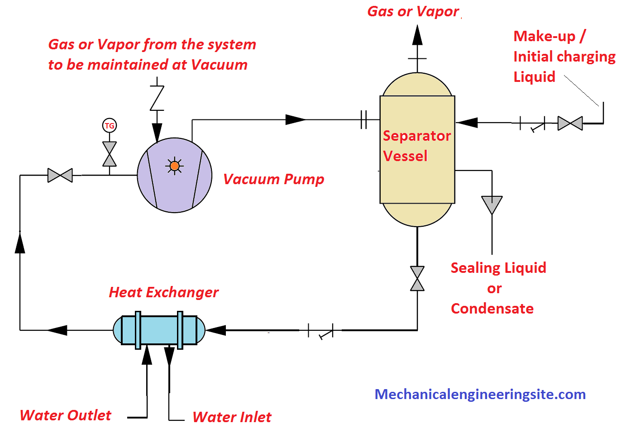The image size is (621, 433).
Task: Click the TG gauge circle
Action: [110, 126]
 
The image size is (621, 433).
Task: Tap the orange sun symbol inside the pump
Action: [175, 166]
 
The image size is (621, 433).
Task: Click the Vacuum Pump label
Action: [273, 179]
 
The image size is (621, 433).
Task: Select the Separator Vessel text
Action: [416, 146]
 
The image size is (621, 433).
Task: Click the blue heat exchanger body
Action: [158, 330]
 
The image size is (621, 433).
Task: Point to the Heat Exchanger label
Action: [163, 292]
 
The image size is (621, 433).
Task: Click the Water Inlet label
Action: [232, 417]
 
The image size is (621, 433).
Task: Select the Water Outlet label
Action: [66, 415]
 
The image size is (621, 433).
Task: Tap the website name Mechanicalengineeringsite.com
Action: [480, 394]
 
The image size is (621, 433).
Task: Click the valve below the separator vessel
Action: [417, 278]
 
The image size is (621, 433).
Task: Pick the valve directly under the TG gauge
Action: [110, 154]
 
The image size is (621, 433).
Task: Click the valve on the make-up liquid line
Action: [570, 123]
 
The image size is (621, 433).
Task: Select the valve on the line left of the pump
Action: [60, 175]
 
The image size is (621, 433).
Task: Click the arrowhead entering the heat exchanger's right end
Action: [216, 330]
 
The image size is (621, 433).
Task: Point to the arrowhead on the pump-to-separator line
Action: [296, 120]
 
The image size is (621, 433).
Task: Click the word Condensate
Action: [492, 309]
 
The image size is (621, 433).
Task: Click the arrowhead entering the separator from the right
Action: [467, 123]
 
